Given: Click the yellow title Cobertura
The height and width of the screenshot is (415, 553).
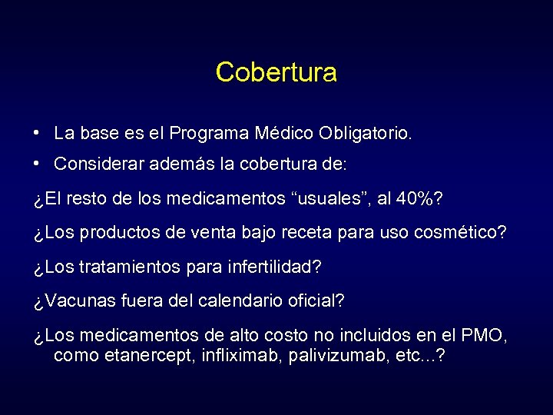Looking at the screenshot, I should pos(276,72).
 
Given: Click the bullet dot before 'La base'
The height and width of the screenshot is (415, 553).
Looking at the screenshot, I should pos(37,132).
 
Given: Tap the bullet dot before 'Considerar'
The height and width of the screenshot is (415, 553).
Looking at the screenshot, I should pos(37,162).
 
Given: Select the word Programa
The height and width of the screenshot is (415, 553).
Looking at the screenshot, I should pos(209,134).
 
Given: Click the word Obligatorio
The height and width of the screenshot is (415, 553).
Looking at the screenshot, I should pos(366,134).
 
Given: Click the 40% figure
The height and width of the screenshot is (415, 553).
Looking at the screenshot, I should pos(416,199).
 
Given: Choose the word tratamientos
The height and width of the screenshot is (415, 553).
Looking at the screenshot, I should pos(128,267).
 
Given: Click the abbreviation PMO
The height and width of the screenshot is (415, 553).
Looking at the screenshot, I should pos(483,336).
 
